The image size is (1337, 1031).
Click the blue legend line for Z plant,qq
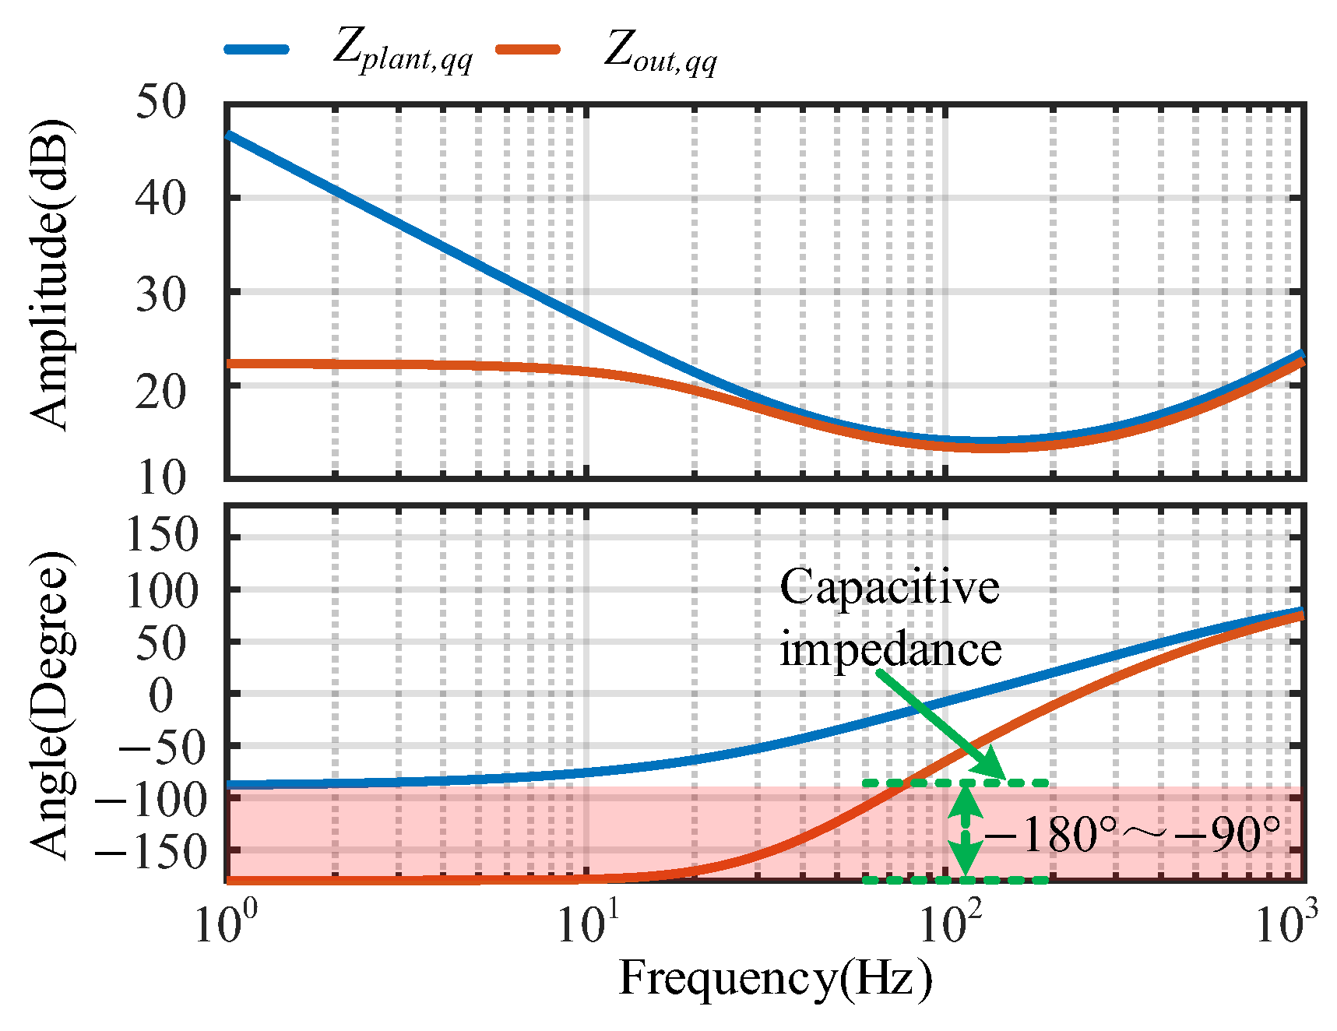(x=257, y=49)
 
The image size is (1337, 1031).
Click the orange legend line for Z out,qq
(x=528, y=49)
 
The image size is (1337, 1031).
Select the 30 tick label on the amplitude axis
(x=161, y=294)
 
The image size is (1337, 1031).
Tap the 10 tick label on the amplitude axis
(x=161, y=478)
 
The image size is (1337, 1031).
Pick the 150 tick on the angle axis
(x=161, y=536)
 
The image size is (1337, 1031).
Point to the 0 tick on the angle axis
(x=161, y=695)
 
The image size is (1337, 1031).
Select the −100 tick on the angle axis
(x=152, y=801)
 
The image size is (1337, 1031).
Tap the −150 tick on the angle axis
(x=152, y=853)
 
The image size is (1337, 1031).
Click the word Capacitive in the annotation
(x=889, y=587)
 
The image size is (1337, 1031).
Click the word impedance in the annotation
(x=890, y=649)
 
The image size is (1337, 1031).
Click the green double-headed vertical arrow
(x=966, y=832)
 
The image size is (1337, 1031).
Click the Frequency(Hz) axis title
(x=775, y=978)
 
